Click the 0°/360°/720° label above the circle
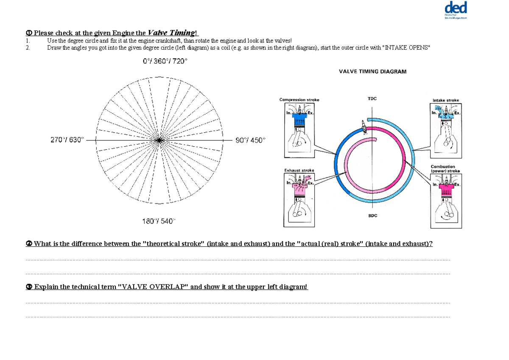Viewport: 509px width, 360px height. tap(165, 61)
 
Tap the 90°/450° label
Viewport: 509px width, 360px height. tap(250, 140)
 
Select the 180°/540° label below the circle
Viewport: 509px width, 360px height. tap(159, 221)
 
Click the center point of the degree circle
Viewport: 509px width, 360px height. tap(159, 140)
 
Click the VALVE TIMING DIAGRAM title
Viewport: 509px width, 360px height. tap(372, 72)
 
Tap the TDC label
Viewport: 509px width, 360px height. tap(372, 99)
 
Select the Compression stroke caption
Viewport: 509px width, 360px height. tap(299, 100)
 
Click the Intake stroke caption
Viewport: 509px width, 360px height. tap(445, 100)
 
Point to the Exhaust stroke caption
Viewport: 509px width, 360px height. tap(299, 170)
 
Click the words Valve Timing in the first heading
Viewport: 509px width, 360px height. tap(171, 33)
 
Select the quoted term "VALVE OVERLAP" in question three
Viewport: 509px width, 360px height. tap(153, 287)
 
